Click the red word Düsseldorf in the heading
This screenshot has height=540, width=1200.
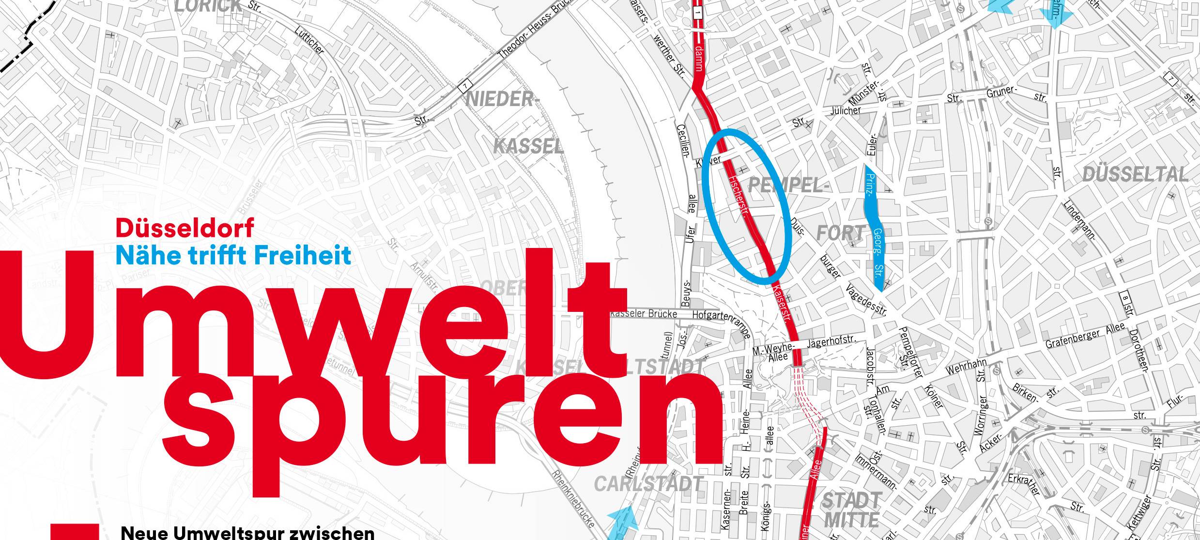point(185,228)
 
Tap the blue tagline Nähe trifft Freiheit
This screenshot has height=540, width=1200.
point(233,255)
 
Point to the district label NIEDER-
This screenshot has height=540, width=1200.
point(502,100)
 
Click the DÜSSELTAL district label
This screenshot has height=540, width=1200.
point(1135,175)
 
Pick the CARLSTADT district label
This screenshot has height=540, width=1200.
point(648,484)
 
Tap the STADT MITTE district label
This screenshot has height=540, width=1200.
point(852,509)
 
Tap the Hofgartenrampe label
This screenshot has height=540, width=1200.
point(722,322)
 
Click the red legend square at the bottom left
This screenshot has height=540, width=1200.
point(75,532)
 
